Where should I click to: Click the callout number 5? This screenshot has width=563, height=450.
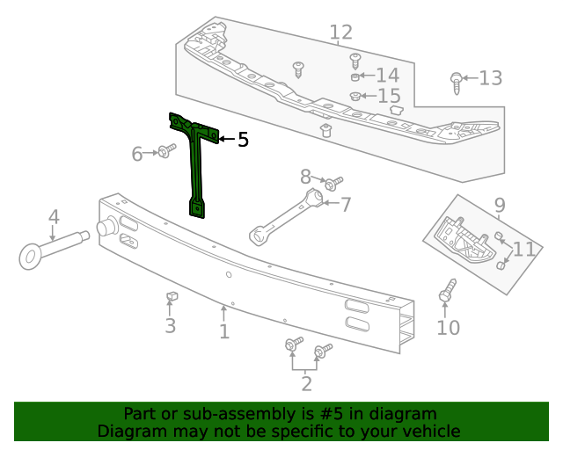[243, 139]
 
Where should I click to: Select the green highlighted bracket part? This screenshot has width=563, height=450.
[198, 167]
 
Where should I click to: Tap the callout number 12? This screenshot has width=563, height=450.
[341, 33]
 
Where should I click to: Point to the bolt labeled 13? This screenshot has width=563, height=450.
[456, 82]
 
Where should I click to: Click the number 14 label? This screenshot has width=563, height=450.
[387, 76]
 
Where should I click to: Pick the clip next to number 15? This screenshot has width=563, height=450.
[355, 96]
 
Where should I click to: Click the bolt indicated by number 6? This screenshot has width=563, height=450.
[165, 153]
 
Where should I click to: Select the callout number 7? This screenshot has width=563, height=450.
[345, 206]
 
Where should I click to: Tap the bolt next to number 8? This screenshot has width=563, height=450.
[333, 185]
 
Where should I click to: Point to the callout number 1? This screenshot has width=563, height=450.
[224, 331]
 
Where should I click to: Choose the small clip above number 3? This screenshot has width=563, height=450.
[171, 297]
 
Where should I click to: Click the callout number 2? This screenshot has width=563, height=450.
[306, 383]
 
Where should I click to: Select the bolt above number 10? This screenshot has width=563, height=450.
[448, 292]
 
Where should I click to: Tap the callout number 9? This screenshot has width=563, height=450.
[500, 206]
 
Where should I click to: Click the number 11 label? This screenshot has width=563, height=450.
[523, 249]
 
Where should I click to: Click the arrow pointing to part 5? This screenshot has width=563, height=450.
[225, 139]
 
